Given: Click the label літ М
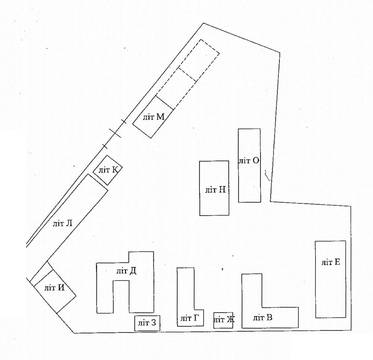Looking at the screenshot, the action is tap(154, 117).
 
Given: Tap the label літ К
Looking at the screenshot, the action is tap(109, 170).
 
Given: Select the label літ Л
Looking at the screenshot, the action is tap(63, 224).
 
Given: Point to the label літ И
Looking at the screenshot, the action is tap(54, 288).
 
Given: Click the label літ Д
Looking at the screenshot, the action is tap(126, 271).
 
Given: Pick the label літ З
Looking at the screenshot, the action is tap(147, 323).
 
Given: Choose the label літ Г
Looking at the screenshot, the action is tap(189, 318).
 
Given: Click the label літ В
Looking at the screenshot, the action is tap(263, 317).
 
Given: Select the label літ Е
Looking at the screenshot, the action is tap(331, 262).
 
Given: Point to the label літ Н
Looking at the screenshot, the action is tap(216, 190).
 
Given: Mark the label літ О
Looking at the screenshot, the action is tap(249, 161).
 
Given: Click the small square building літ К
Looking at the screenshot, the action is tap(107, 170).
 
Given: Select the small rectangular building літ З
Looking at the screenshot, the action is tap(147, 323).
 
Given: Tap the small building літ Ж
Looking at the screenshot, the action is tap(223, 320).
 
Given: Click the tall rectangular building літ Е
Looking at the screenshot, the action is tap(330, 279).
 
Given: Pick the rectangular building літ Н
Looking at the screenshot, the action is tap(214, 188).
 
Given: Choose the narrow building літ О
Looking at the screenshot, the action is tap(250, 166).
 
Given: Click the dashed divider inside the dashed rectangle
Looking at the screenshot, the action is tap(188, 75).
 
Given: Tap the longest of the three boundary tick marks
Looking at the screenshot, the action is tap(115, 133).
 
